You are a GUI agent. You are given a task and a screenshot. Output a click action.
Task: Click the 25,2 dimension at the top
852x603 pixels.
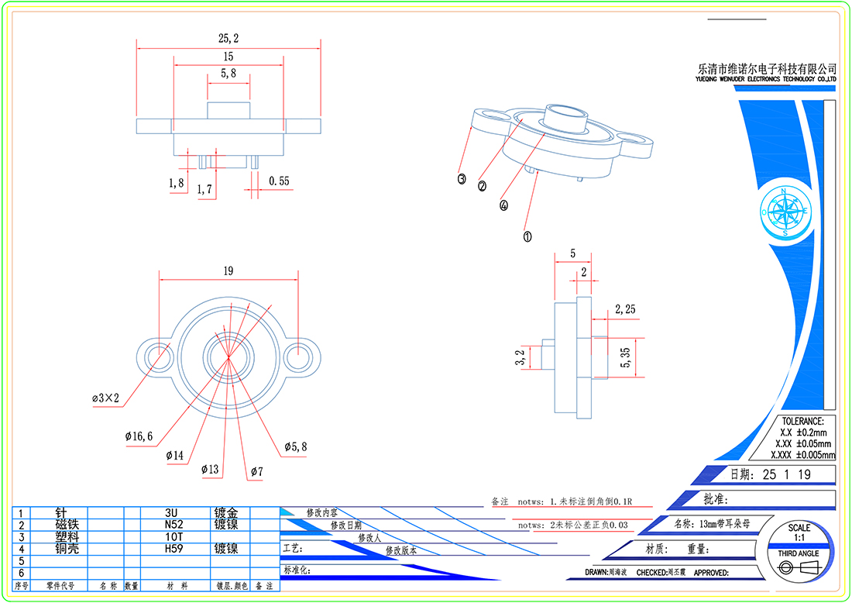(228, 38)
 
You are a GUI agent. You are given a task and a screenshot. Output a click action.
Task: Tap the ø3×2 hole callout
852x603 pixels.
(106, 398)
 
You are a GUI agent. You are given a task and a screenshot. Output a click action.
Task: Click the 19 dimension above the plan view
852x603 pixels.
(228, 271)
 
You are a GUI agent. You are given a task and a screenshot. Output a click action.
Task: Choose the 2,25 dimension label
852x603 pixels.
(625, 309)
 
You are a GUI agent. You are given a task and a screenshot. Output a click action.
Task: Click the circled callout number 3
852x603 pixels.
(462, 179)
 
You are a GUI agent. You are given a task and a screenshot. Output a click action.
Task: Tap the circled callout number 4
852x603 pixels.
(504, 206)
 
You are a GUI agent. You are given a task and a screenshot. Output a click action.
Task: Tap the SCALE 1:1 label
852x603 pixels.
(799, 533)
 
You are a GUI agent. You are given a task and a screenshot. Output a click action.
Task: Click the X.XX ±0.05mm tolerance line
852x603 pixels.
(802, 443)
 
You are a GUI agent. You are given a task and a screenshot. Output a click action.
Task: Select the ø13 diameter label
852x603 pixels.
(210, 470)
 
